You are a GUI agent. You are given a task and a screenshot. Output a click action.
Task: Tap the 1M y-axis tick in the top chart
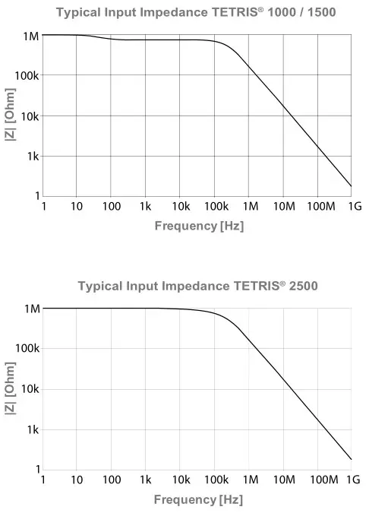(x=29, y=35)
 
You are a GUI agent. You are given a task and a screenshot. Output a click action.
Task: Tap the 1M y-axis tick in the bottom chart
(x=29, y=309)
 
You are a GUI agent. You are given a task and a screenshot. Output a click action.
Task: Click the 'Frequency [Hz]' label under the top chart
(x=199, y=226)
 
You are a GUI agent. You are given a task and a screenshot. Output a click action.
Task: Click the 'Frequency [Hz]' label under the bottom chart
(x=199, y=499)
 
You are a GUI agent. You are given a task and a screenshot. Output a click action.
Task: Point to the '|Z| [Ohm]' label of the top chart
(x=9, y=116)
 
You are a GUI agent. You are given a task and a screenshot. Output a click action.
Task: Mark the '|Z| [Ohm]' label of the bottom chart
(x=9, y=389)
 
